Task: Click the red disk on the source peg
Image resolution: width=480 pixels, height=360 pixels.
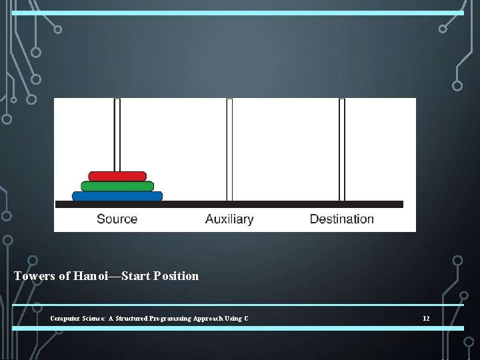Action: click(x=117, y=176)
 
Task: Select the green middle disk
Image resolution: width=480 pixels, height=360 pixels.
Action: click(x=117, y=186)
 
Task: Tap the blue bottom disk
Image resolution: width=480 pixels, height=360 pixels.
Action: click(x=117, y=196)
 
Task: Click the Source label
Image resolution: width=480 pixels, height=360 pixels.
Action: click(x=117, y=219)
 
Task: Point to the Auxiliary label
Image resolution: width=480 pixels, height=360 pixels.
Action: click(x=229, y=219)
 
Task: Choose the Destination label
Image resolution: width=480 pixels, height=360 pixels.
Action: click(x=341, y=219)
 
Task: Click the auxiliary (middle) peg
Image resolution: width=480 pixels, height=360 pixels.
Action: click(x=229, y=149)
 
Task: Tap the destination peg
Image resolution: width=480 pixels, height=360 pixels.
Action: click(x=342, y=149)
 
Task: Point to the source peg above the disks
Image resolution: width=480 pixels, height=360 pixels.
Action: click(x=117, y=133)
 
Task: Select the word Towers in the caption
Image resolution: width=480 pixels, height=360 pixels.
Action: click(x=35, y=276)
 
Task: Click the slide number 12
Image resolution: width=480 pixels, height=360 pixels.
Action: click(x=426, y=319)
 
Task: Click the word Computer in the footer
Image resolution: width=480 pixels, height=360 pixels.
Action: click(x=64, y=319)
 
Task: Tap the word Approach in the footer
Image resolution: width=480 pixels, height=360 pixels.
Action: click(x=207, y=319)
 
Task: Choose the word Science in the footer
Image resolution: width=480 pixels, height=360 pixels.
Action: click(x=93, y=319)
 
